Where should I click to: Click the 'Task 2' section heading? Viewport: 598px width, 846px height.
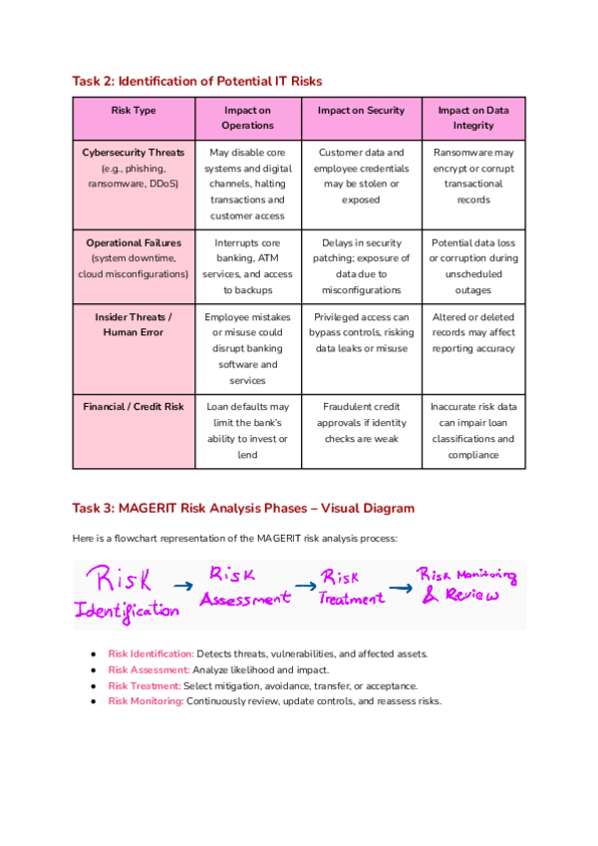click(197, 80)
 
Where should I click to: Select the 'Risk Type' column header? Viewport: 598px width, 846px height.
click(133, 111)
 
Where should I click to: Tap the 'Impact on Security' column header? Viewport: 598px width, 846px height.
click(361, 111)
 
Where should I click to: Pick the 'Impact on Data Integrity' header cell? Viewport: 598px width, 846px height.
click(473, 118)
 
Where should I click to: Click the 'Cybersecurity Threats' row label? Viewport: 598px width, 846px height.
click(133, 153)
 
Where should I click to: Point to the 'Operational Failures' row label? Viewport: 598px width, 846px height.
click(133, 242)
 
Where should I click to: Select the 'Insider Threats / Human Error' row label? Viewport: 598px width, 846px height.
click(133, 324)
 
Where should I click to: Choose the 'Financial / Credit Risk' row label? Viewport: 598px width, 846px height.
click(133, 406)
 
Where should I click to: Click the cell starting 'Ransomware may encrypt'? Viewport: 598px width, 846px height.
click(473, 176)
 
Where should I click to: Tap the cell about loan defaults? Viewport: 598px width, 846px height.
click(247, 430)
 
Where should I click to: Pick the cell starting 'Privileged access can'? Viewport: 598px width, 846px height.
click(361, 332)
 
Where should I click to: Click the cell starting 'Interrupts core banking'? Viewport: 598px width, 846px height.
click(247, 265)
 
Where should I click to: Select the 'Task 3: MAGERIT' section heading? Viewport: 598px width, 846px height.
click(243, 508)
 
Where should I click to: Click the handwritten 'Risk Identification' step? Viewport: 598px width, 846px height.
click(126, 594)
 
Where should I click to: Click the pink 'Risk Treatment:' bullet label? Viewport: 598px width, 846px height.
click(145, 685)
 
